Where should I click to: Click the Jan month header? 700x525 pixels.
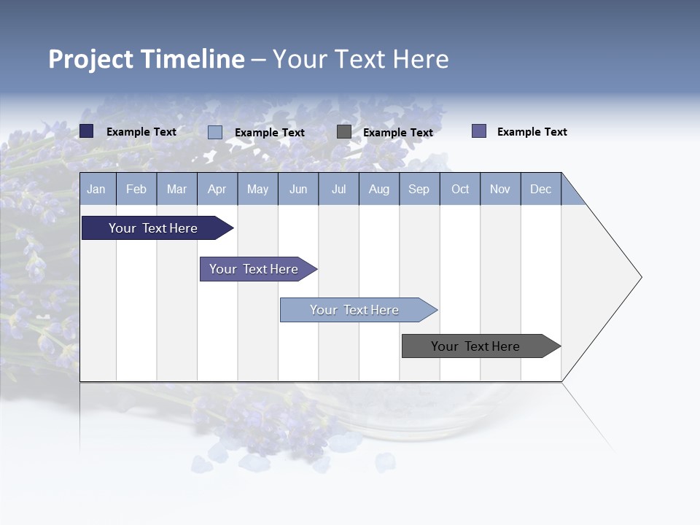tap(97, 189)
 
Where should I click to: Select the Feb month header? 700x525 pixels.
tap(136, 189)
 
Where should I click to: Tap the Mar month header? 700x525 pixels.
tap(176, 189)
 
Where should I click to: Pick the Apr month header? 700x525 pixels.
tap(217, 189)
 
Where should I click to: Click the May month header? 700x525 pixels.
tap(257, 189)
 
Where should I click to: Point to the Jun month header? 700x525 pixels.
tap(298, 189)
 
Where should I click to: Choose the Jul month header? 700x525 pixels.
tap(338, 189)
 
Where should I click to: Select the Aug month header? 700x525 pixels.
tap(379, 189)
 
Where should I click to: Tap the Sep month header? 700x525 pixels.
tap(419, 189)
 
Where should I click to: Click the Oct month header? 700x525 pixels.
tap(460, 189)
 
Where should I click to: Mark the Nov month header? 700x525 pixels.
tap(500, 189)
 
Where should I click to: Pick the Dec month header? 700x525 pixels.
tap(541, 189)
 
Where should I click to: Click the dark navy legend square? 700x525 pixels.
tap(87, 131)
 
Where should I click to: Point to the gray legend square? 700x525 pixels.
tap(344, 132)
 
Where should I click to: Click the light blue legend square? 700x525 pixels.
tap(215, 132)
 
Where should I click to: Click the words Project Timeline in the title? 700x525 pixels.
tap(147, 59)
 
